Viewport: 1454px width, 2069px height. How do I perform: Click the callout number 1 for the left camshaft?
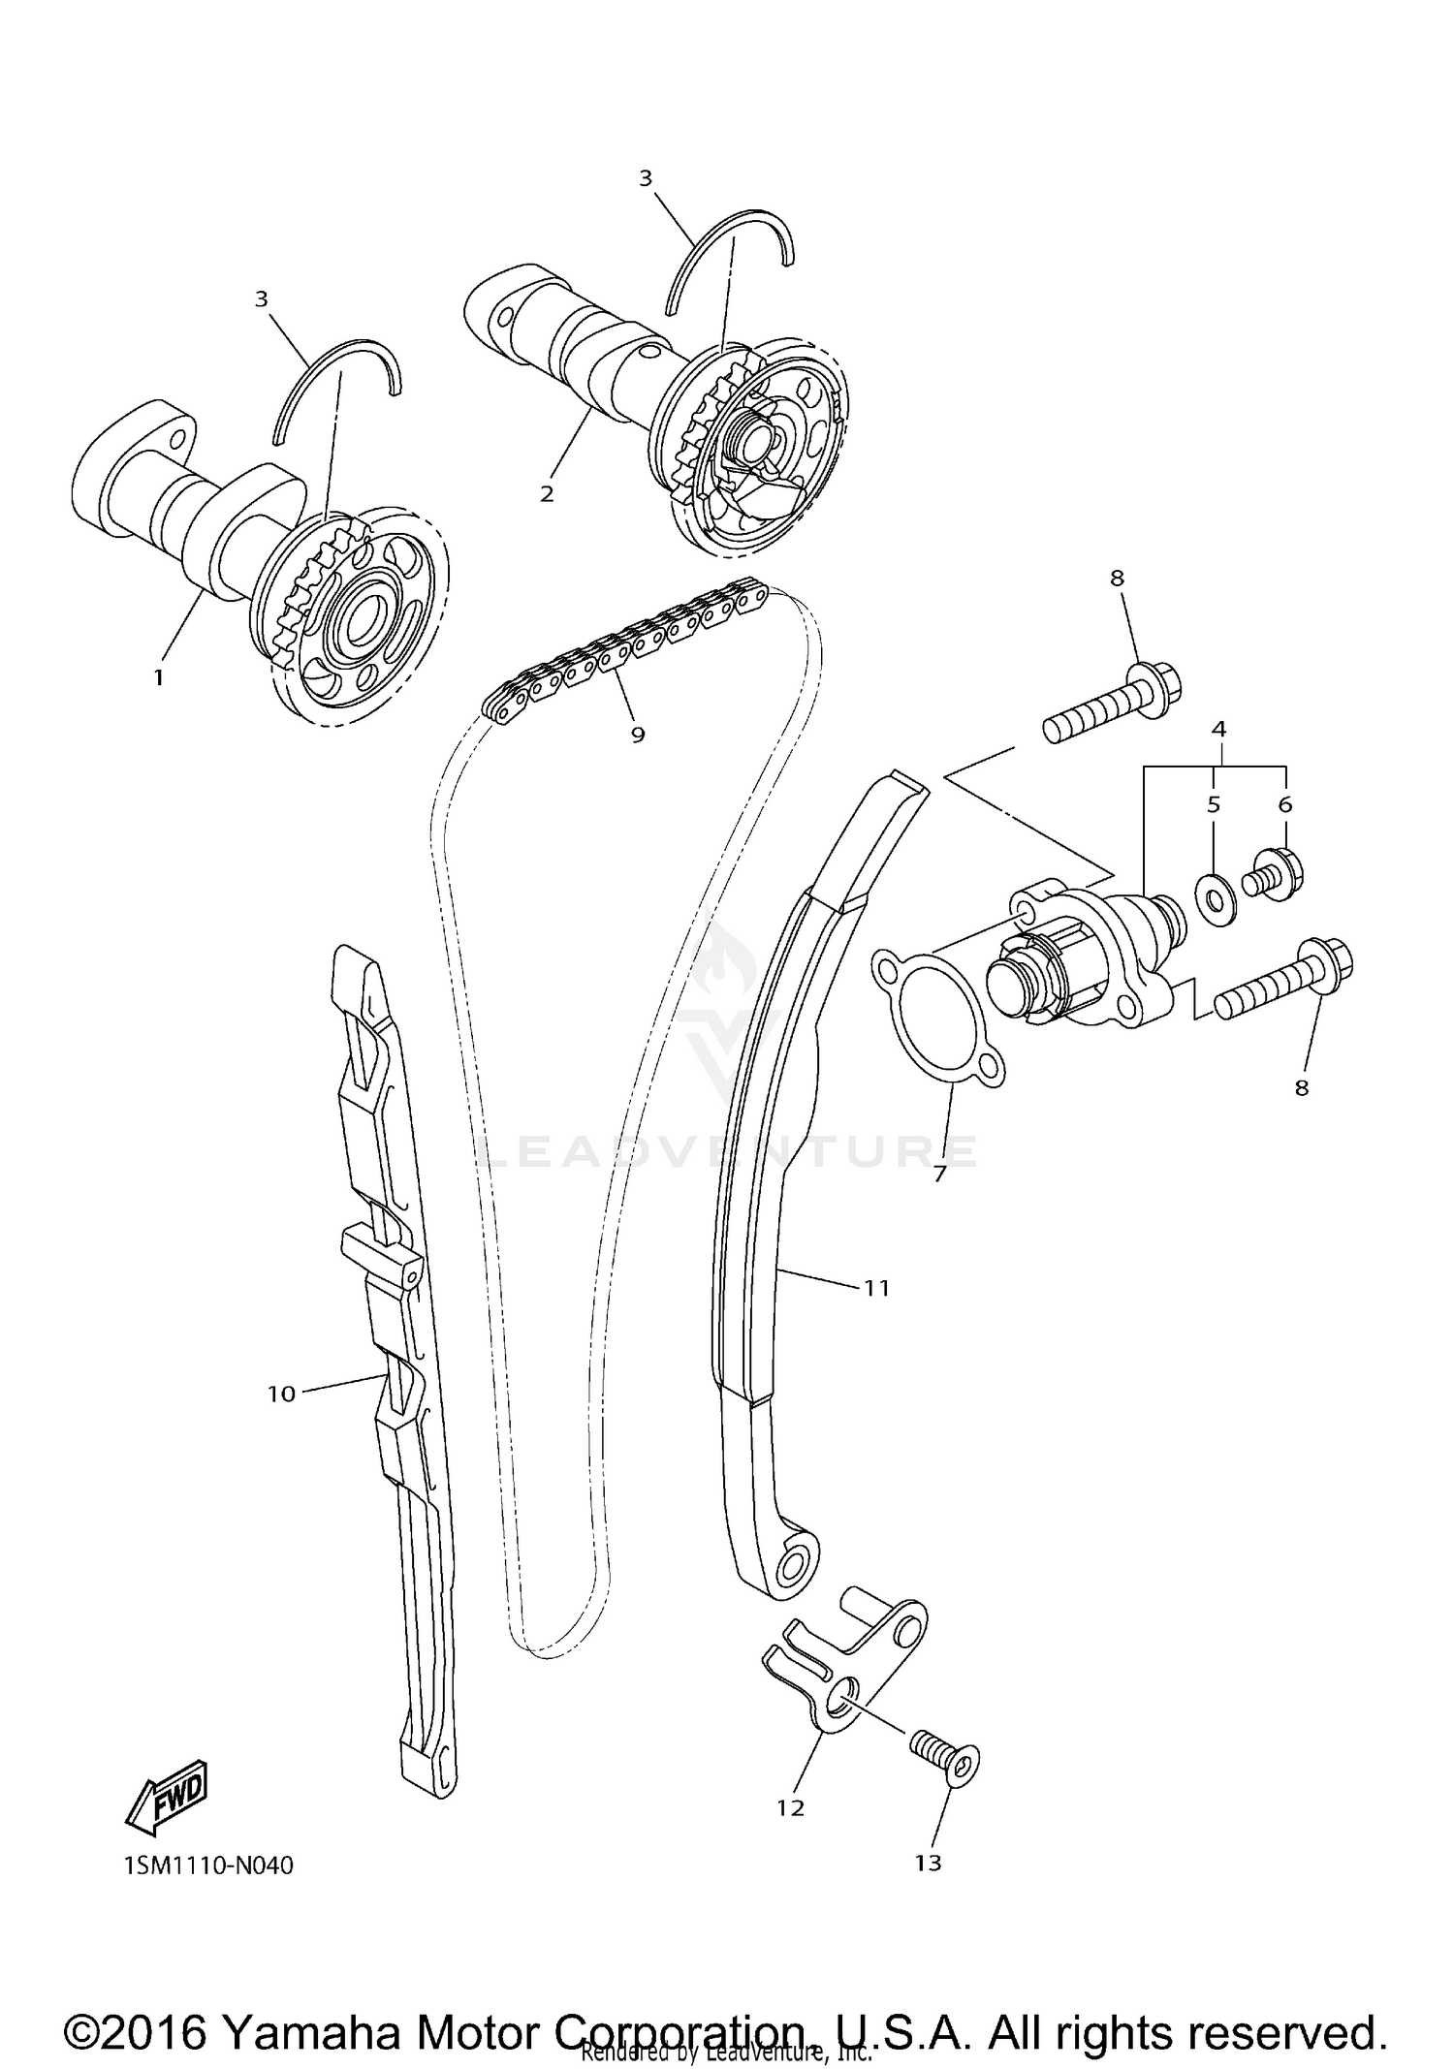[x=159, y=677]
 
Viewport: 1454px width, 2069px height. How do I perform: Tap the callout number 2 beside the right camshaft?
[x=547, y=494]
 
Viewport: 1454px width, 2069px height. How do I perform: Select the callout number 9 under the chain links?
[x=637, y=735]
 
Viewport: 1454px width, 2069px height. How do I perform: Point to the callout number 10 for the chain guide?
[x=280, y=1395]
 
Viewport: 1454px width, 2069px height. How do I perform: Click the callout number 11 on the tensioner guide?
[x=876, y=1288]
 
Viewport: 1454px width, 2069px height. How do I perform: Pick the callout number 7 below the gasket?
[x=938, y=1176]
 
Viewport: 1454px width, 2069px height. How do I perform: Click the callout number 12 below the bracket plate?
[x=790, y=1807]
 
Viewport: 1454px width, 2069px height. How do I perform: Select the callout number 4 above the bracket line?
[x=1218, y=728]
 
